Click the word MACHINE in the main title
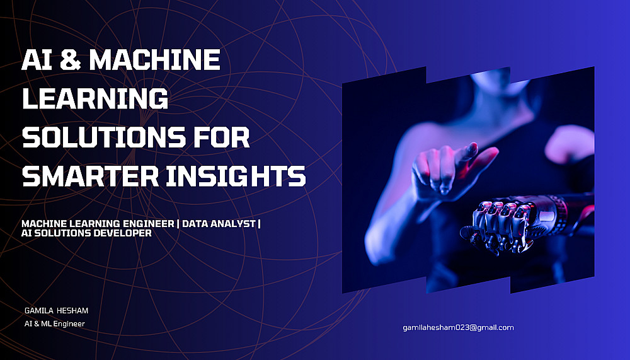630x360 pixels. pyautogui.click(x=154, y=59)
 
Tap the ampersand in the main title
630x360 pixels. pyautogui.click(x=70, y=59)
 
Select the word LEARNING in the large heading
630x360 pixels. pyautogui.click(x=95, y=98)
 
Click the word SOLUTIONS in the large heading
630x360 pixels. pyautogui.click(x=104, y=137)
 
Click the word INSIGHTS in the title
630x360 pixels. pyautogui.click(x=236, y=176)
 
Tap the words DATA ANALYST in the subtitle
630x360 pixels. pyautogui.click(x=219, y=224)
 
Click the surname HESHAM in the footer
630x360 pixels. pyautogui.click(x=72, y=311)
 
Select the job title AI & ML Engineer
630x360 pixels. pyautogui.click(x=55, y=324)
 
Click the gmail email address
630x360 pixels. pyautogui.click(x=459, y=327)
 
